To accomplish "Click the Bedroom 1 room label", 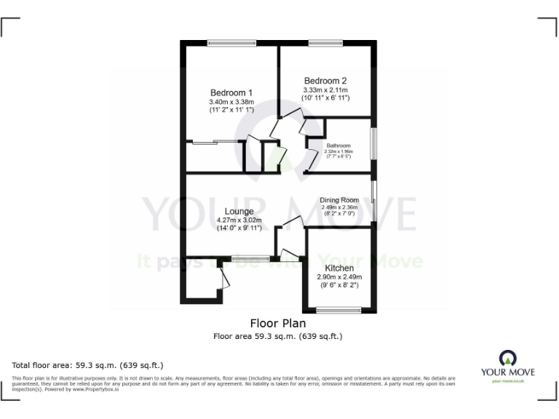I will pos(231,92).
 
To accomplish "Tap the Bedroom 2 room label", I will pos(325,81).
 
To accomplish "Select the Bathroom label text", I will pos(338,145).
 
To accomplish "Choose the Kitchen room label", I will pos(339,268).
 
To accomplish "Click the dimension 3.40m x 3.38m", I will pos(231,102).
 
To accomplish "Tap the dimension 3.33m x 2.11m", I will pos(326,90).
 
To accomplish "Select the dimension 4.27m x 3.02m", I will pos(239,220).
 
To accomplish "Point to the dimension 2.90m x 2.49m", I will pos(339,277).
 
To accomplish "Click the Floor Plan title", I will pos(278,323).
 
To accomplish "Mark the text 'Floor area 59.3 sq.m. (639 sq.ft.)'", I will pos(278,336).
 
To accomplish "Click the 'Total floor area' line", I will pos(88,364).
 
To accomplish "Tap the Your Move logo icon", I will pos(507,359).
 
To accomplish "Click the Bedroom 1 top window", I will pos(225,43).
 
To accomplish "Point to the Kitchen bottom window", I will pos(339,311).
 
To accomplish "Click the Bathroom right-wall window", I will pos(374,144).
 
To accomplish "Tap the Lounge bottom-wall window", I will pos(250,258).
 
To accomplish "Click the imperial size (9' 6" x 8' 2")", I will pos(339,286).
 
